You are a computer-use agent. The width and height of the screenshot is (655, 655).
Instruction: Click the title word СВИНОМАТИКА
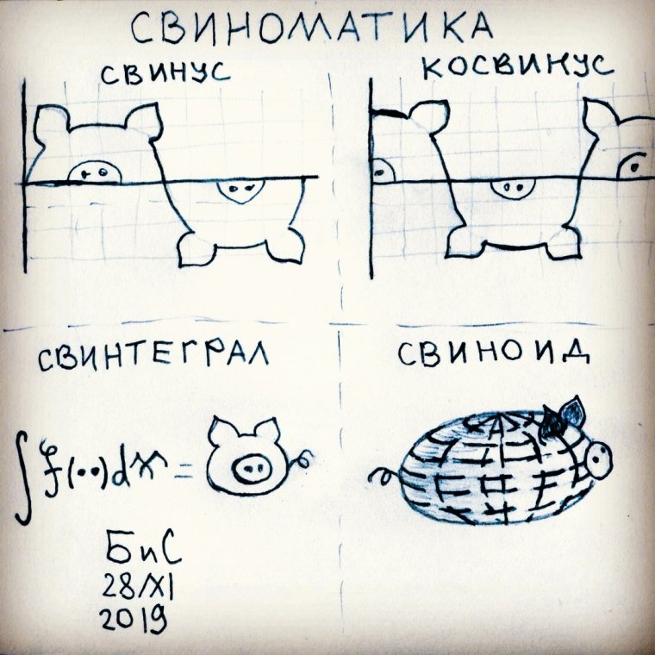311,28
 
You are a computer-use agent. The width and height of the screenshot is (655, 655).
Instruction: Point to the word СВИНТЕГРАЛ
151,358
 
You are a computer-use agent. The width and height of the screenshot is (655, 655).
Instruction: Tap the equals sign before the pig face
184,471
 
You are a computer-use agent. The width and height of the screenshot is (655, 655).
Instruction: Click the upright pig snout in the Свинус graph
92,172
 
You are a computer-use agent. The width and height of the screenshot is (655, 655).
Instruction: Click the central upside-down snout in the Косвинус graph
513,189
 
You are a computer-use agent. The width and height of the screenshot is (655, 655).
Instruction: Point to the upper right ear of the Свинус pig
146,120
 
